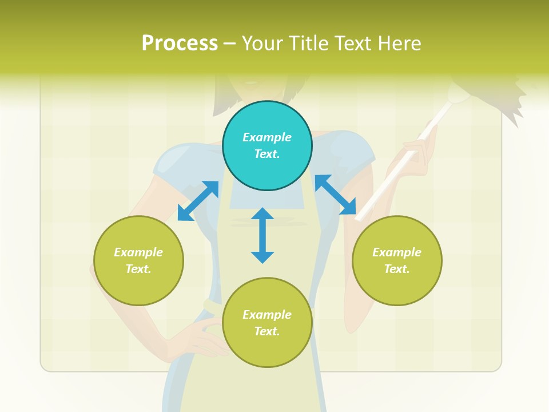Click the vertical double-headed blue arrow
[x=262, y=235]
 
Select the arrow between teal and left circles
[x=198, y=201]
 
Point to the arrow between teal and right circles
[x=335, y=195]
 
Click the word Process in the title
[x=180, y=43]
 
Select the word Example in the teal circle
[x=267, y=137]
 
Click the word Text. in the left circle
[x=138, y=269]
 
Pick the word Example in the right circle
[x=397, y=252]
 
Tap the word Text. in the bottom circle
[x=267, y=331]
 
